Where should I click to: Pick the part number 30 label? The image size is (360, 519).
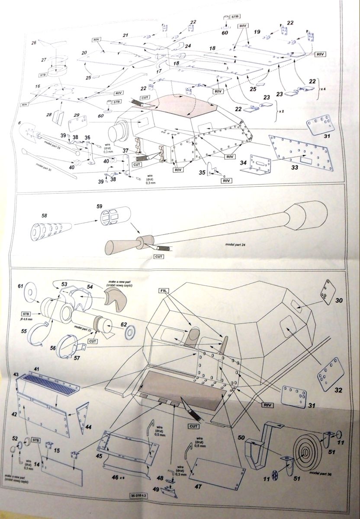click(x=339, y=300)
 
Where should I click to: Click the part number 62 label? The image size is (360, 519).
click(x=124, y=324)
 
